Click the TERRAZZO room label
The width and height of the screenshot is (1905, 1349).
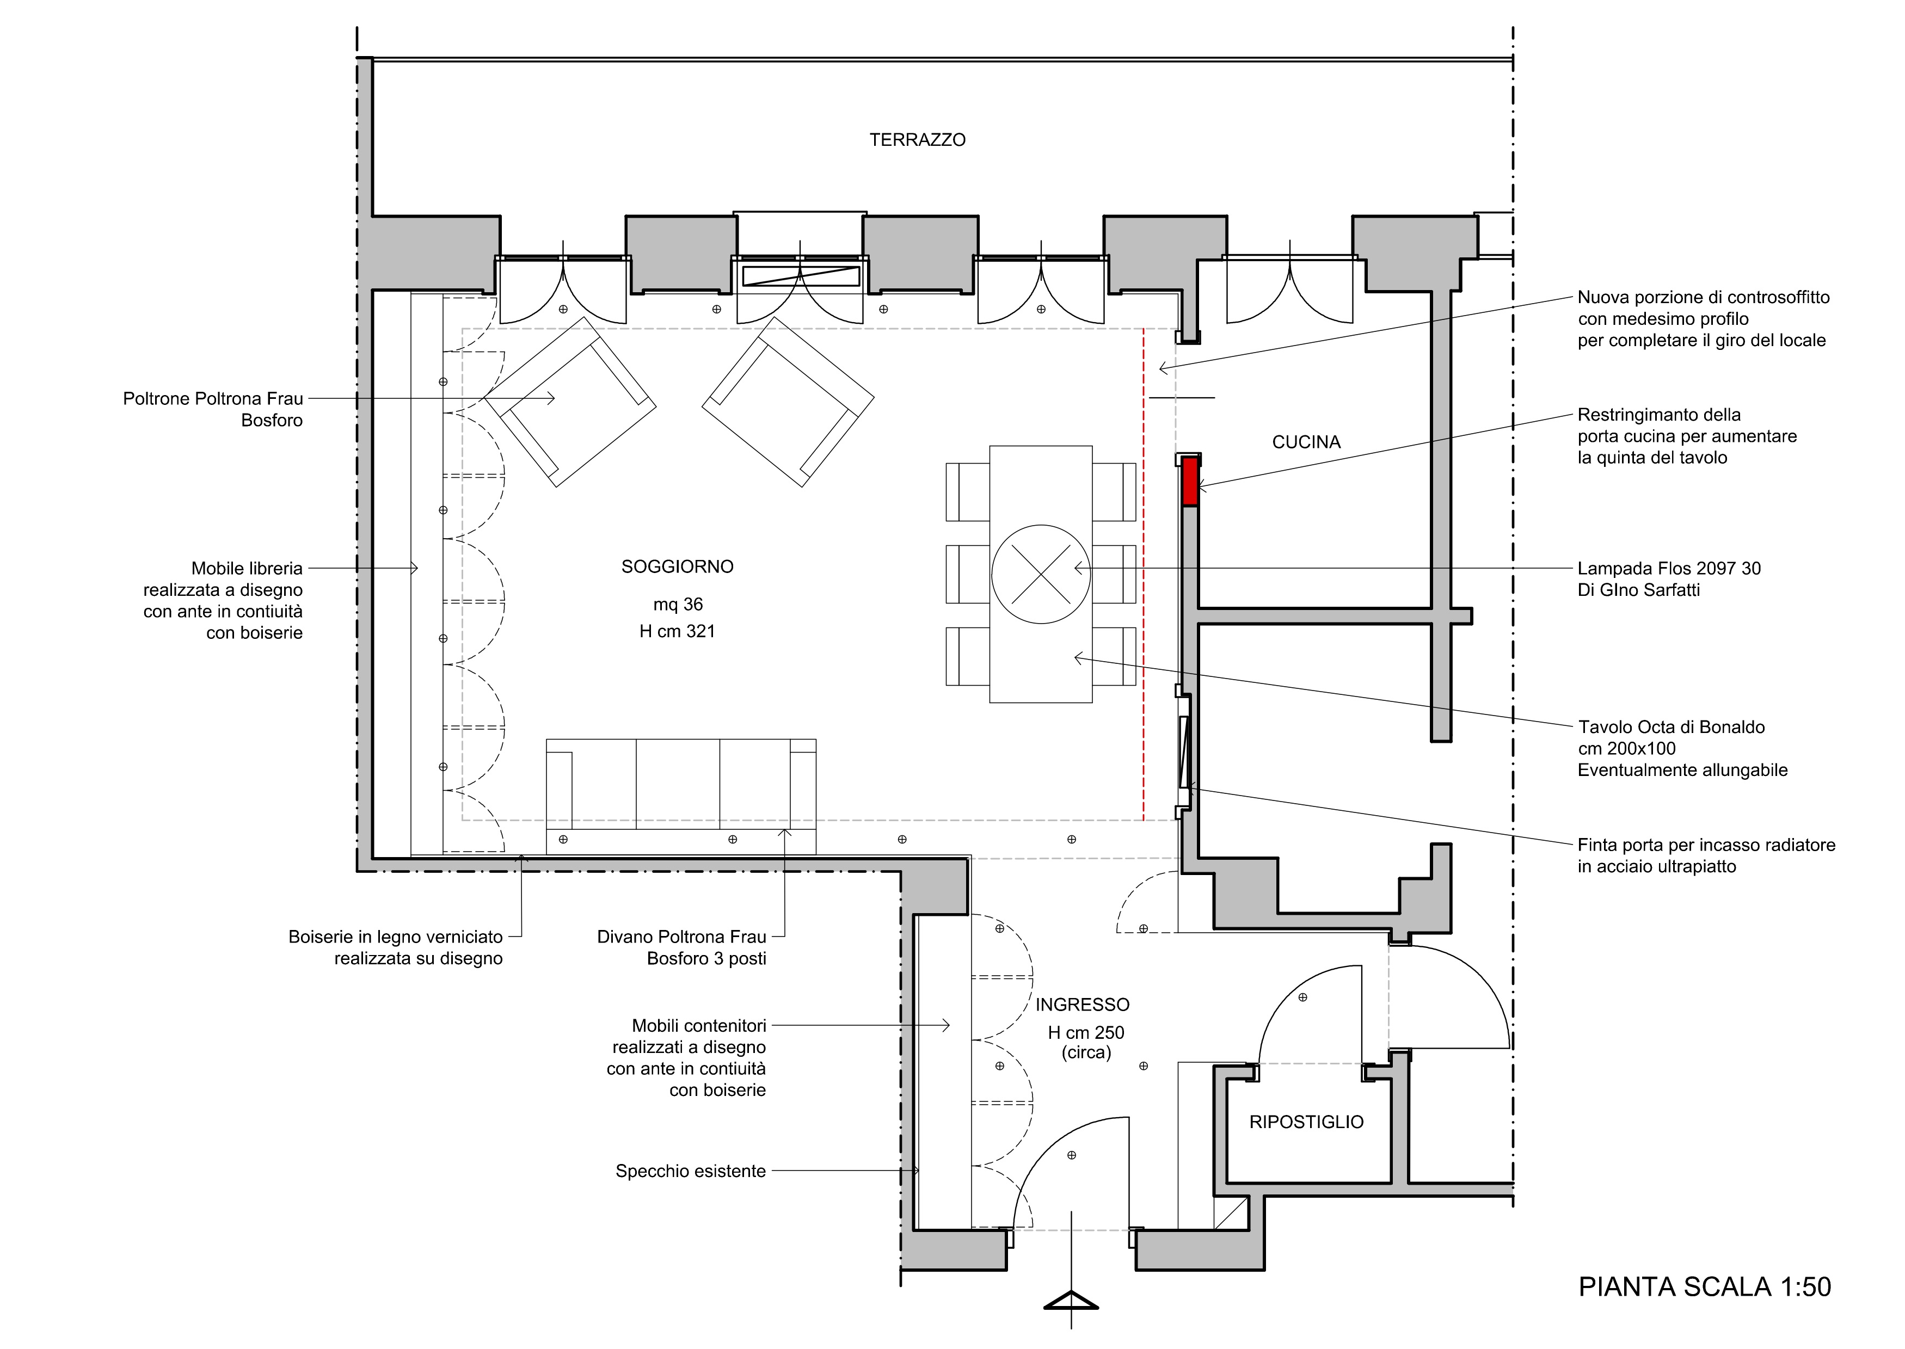917,139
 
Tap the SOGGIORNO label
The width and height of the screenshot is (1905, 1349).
677,566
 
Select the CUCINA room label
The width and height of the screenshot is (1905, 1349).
1306,442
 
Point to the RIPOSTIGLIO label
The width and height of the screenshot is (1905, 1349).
1306,1122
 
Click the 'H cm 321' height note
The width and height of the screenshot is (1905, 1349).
677,631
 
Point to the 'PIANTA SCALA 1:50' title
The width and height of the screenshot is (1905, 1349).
1705,1287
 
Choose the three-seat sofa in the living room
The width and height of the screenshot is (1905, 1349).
680,796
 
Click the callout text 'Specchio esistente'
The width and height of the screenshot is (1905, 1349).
690,1171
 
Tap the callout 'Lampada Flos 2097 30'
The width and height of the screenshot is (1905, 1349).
1669,568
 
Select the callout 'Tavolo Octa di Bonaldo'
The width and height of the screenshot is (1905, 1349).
1672,727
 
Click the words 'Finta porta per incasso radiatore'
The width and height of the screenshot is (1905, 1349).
1706,845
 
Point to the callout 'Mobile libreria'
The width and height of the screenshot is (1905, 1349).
247,568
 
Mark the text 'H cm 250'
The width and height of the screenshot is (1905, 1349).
1086,1032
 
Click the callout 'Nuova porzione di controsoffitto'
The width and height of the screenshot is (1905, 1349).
1703,297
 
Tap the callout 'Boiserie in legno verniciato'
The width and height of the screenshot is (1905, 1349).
396,937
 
